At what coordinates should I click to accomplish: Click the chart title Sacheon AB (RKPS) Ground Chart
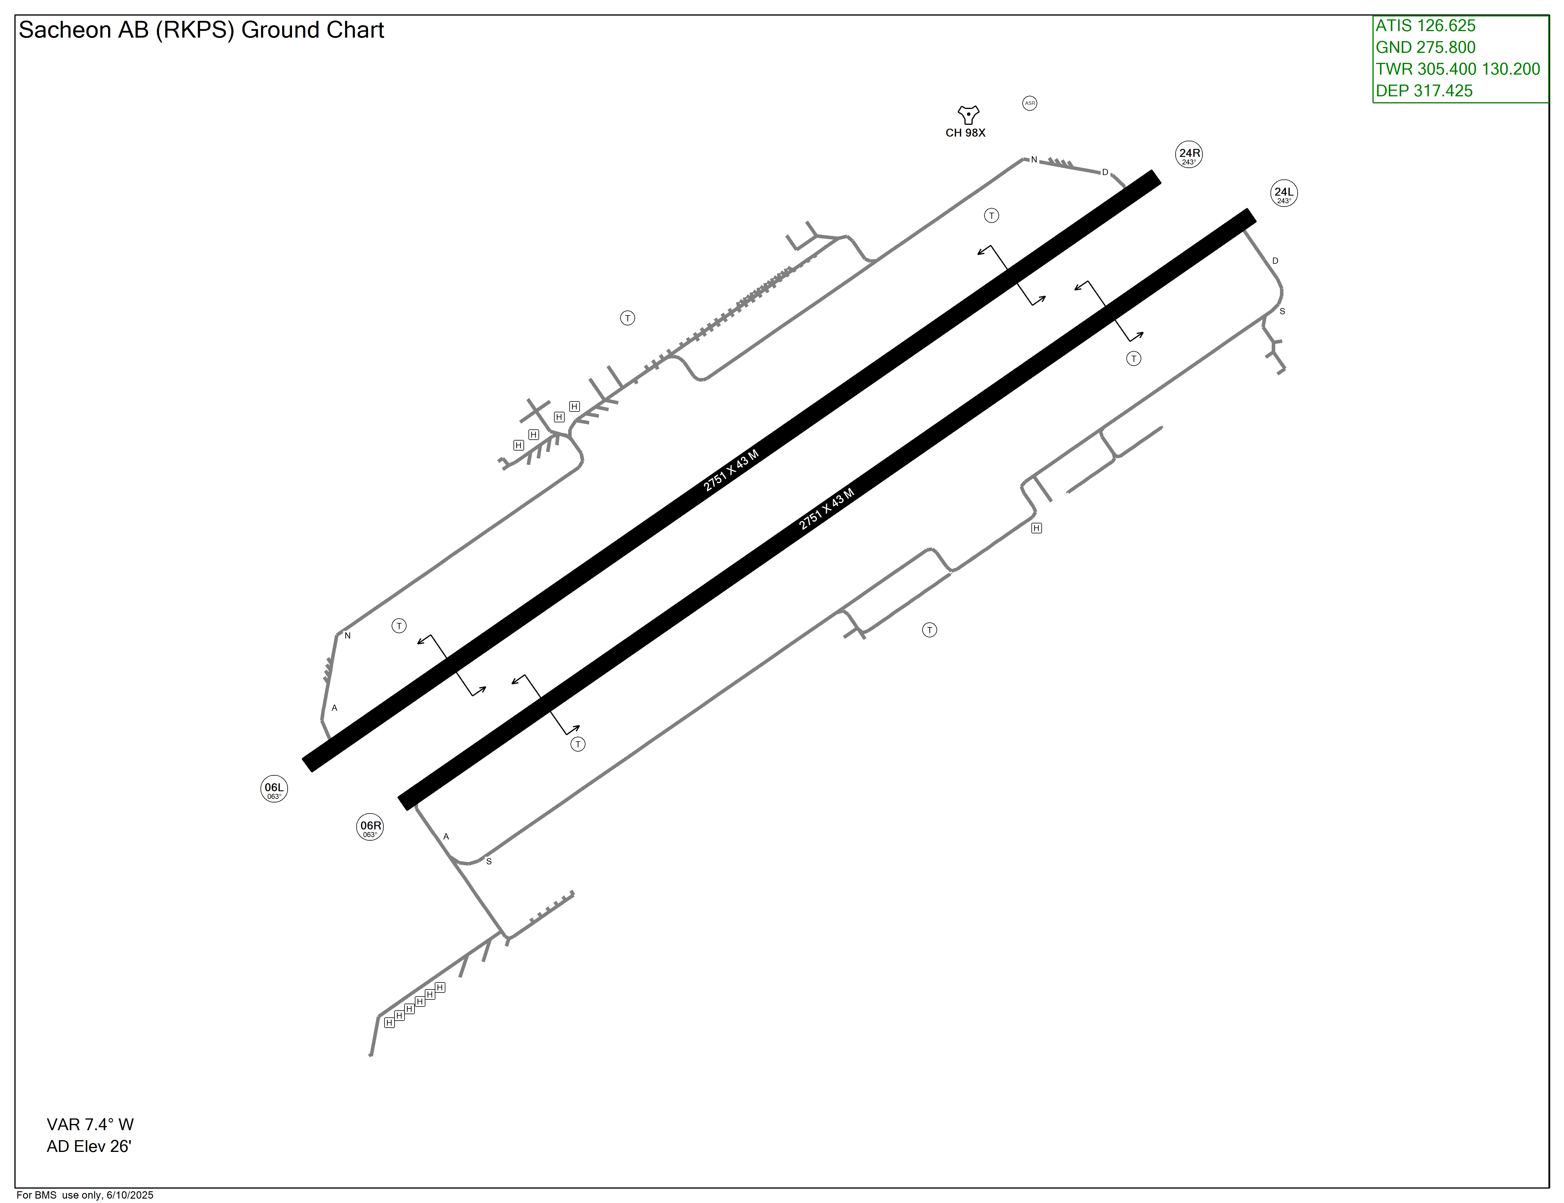coord(201,30)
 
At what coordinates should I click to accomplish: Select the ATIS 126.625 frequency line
coord(1425,26)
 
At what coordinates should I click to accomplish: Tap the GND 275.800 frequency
coord(1425,47)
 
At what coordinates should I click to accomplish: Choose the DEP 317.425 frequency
coord(1424,91)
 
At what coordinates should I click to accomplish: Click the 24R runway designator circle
coord(1189,155)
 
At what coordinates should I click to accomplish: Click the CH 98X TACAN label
coord(965,133)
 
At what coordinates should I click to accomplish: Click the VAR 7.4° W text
coord(90,1124)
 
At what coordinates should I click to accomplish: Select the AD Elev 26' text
coord(89,1146)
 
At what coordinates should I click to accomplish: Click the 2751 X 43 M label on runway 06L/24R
coord(730,471)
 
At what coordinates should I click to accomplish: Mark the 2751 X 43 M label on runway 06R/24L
coord(826,509)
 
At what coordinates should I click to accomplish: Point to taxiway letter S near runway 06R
coord(489,861)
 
